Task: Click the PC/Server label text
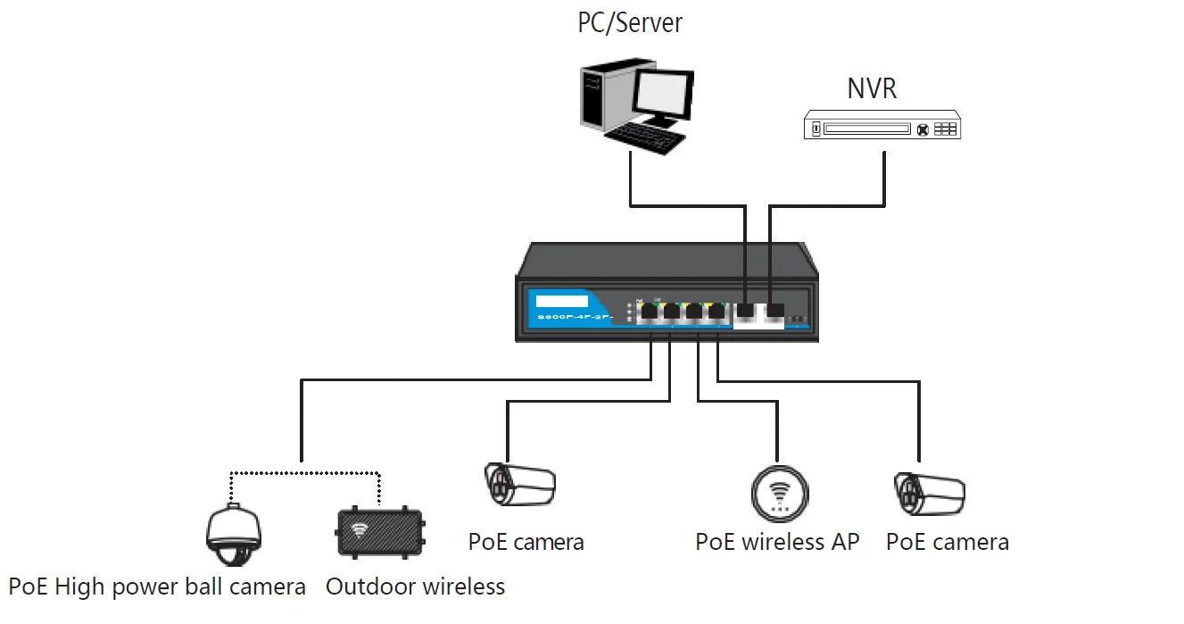coord(629,21)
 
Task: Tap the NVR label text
coord(871,88)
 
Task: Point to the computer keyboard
coord(645,138)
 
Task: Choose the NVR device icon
coord(882,125)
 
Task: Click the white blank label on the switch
coord(562,300)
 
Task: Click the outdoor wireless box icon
coord(380,533)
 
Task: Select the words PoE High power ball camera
coord(157,587)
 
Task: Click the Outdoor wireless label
coord(415,587)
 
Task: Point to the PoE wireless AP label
coord(777,542)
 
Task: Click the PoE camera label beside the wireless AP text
coord(947,542)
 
